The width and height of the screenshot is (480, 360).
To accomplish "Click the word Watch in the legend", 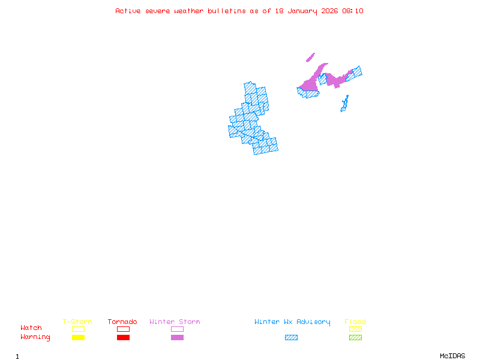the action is point(31,328).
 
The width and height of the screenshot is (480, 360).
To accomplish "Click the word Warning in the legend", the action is point(35,337).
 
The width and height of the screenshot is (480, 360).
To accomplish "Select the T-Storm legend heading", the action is point(77,322).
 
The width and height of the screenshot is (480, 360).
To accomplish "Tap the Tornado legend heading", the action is point(122,322).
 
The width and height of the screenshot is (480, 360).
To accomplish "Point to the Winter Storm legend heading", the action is point(175,322).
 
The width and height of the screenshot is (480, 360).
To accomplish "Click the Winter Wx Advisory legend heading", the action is point(292,322).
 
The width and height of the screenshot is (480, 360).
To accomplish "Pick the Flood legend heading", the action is point(355,322).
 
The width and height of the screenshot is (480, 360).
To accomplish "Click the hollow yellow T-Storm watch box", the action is point(78,329).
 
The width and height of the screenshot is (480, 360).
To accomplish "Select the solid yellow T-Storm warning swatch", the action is point(78,337).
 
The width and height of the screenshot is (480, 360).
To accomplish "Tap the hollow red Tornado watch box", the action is point(123,329).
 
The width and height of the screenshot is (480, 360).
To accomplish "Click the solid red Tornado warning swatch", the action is point(123,337).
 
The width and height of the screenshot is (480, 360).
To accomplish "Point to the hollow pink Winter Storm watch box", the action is point(177,329).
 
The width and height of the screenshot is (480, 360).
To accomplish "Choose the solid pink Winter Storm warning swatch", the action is point(177,337).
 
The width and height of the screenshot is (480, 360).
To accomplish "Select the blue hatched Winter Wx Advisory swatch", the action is point(291,337).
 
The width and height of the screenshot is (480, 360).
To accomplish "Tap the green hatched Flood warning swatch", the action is point(355,337).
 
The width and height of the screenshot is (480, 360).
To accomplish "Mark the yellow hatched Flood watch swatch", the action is point(355,329).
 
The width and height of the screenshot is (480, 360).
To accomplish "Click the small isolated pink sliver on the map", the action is point(310,58).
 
